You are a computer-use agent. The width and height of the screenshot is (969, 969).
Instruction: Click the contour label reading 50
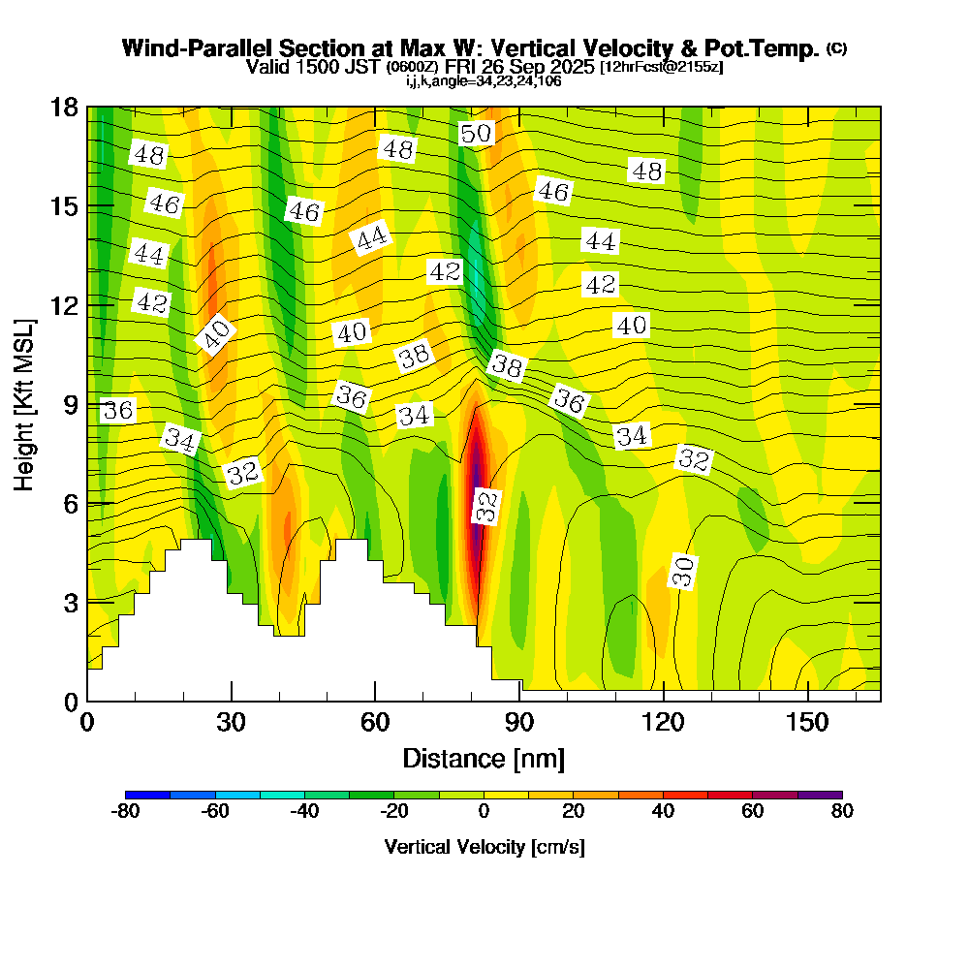click(x=476, y=134)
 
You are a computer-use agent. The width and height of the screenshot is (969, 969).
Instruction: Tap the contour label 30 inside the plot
click(x=683, y=572)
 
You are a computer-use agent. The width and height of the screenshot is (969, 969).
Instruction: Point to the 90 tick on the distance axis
click(x=519, y=722)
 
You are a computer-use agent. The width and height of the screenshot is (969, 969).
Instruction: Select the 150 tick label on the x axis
click(x=807, y=722)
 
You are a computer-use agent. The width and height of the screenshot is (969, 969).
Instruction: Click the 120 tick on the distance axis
click(x=663, y=722)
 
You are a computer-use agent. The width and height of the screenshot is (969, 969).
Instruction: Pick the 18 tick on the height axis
click(x=64, y=107)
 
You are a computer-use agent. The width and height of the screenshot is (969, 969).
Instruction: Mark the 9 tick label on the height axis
click(x=70, y=404)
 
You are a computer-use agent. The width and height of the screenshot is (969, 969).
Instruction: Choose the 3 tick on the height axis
click(x=70, y=602)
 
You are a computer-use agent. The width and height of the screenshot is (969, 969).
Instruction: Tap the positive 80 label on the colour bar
click(x=842, y=812)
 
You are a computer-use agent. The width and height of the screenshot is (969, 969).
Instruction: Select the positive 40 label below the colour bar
click(x=663, y=812)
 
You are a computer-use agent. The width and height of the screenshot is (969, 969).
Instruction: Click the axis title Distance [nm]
click(x=484, y=758)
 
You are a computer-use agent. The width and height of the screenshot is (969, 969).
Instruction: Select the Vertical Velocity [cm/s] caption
click(x=484, y=847)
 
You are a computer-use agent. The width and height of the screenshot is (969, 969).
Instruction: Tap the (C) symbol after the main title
click(x=836, y=48)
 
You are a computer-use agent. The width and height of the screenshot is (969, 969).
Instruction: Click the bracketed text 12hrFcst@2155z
click(x=662, y=67)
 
